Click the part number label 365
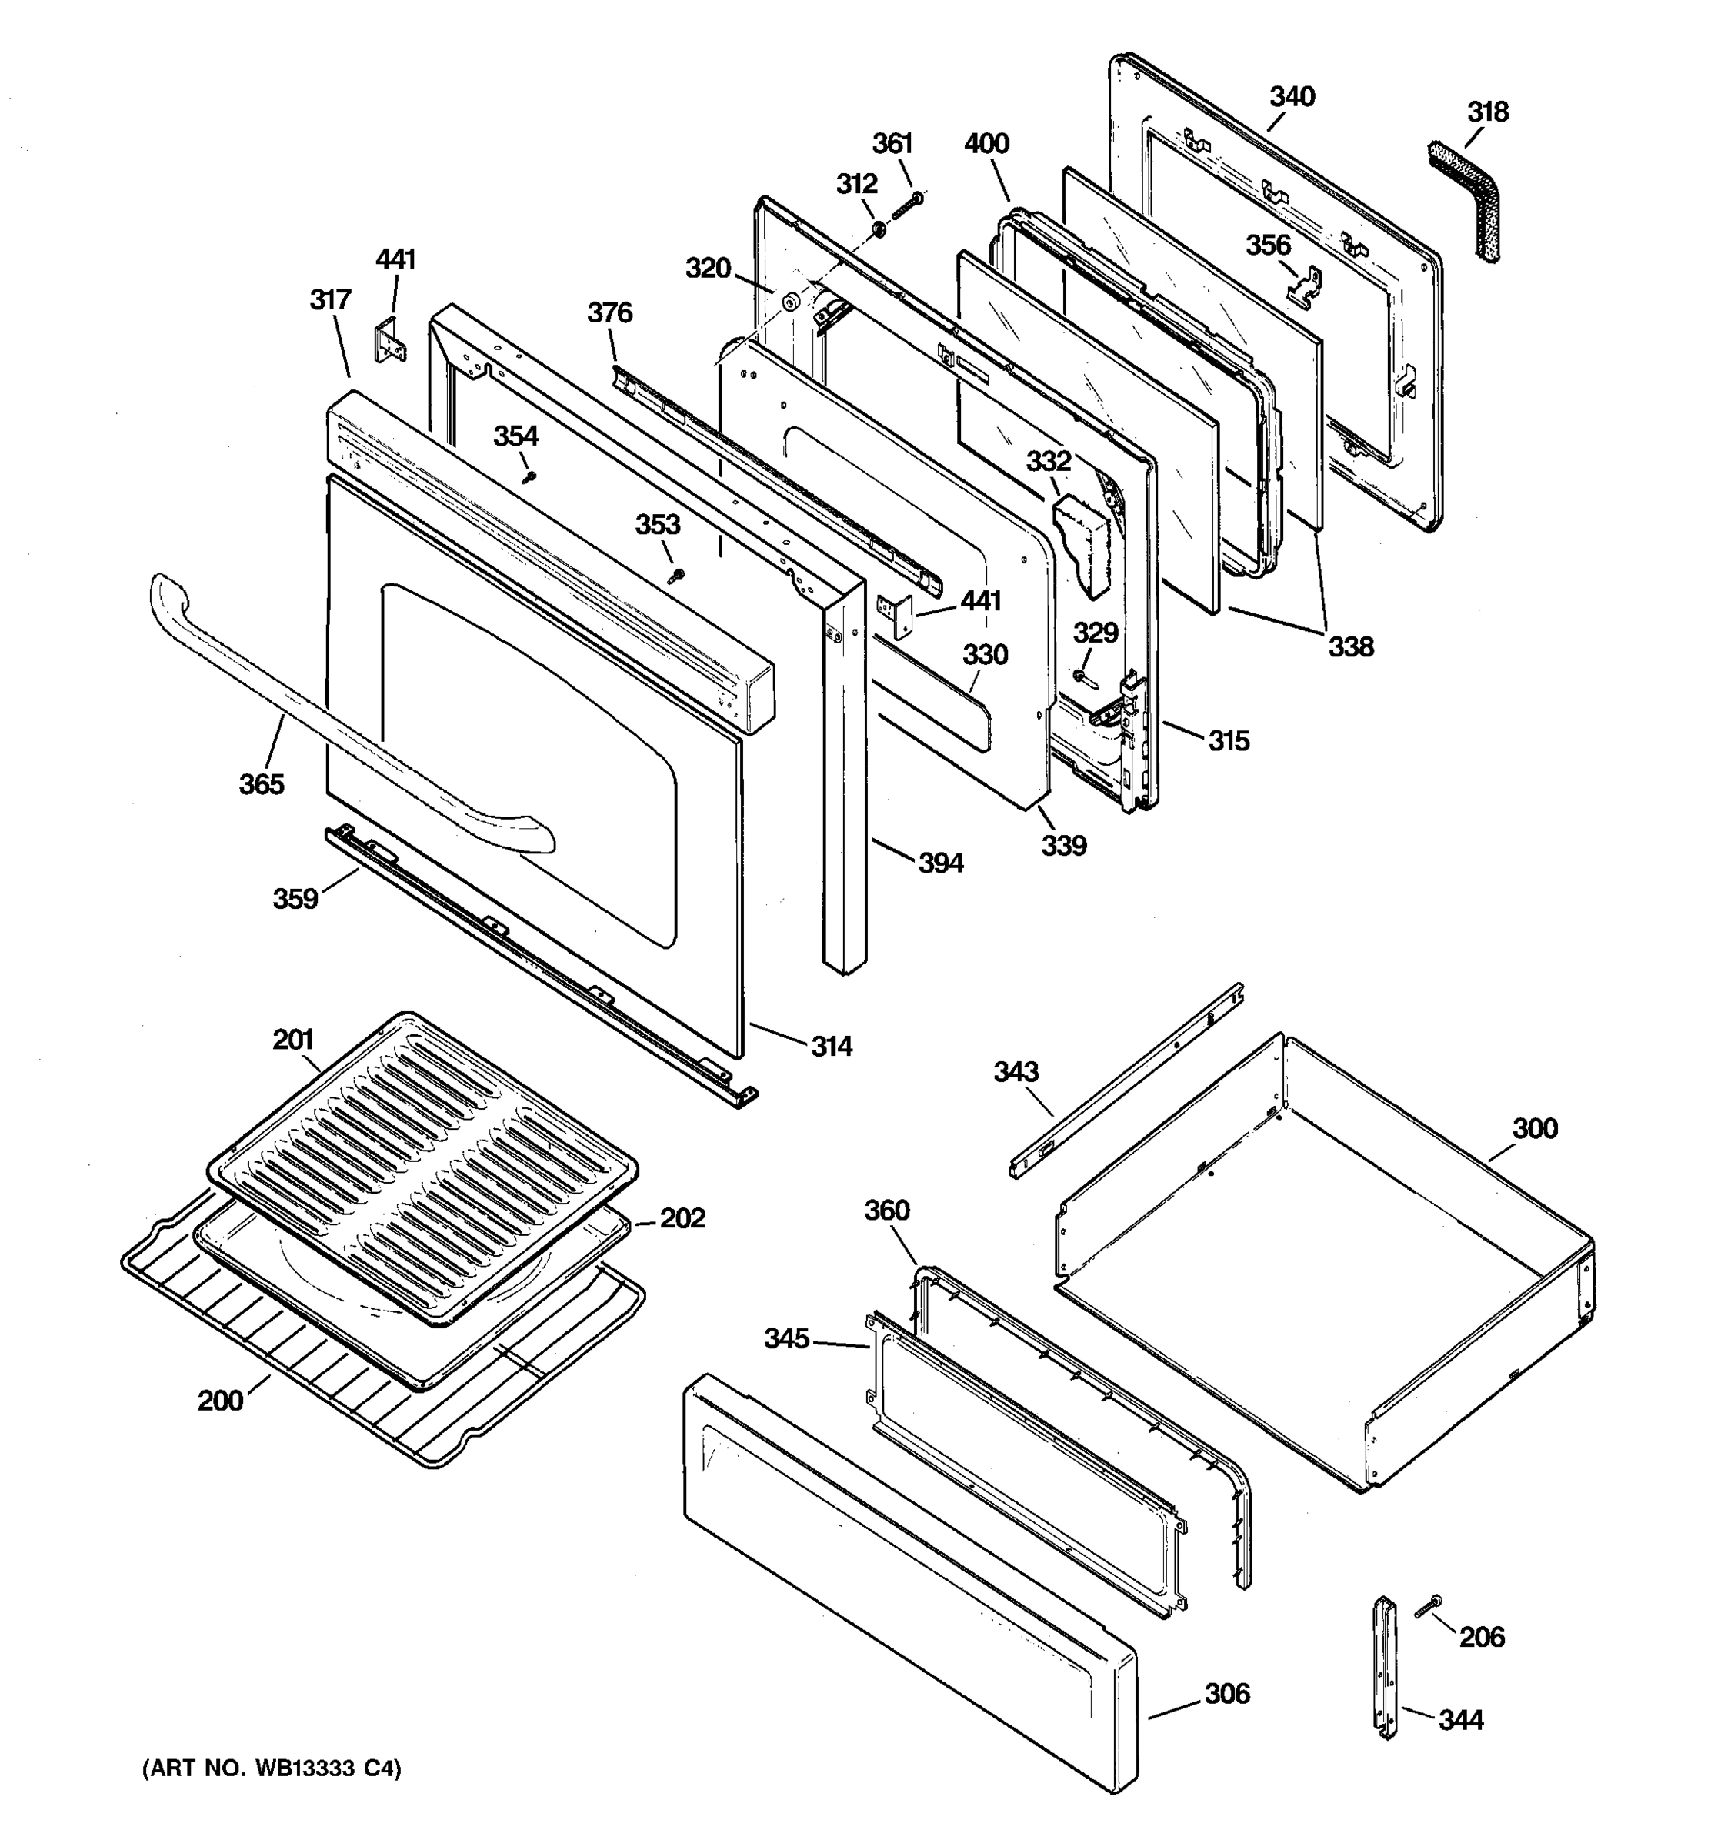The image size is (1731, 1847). pos(261,784)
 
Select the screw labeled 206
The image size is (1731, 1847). pos(1427,1608)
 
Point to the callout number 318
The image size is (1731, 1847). pos(1487,112)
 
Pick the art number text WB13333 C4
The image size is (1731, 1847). pos(271,1769)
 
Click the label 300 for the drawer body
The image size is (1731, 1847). pos(1534,1129)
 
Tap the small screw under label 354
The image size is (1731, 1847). pos(530,476)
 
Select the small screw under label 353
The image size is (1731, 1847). pos(677,576)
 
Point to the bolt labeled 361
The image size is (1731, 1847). pos(906,206)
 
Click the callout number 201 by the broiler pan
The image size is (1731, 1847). pos(292,1039)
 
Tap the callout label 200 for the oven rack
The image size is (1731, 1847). pos(220,1399)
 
